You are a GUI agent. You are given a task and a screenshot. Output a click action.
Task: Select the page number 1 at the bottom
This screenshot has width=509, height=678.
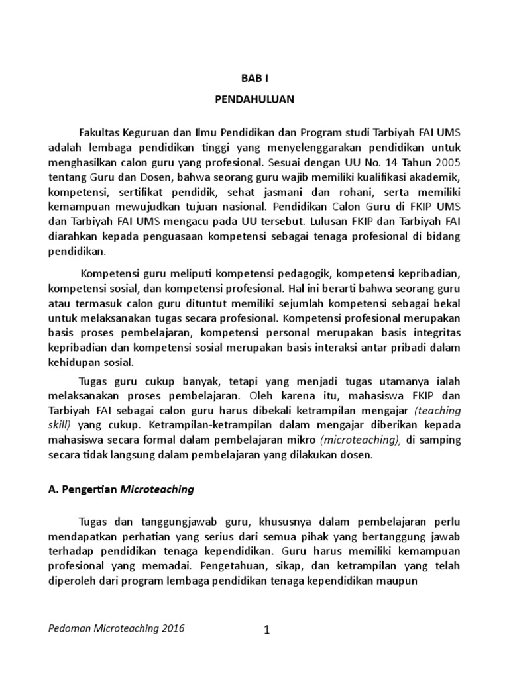266,630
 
